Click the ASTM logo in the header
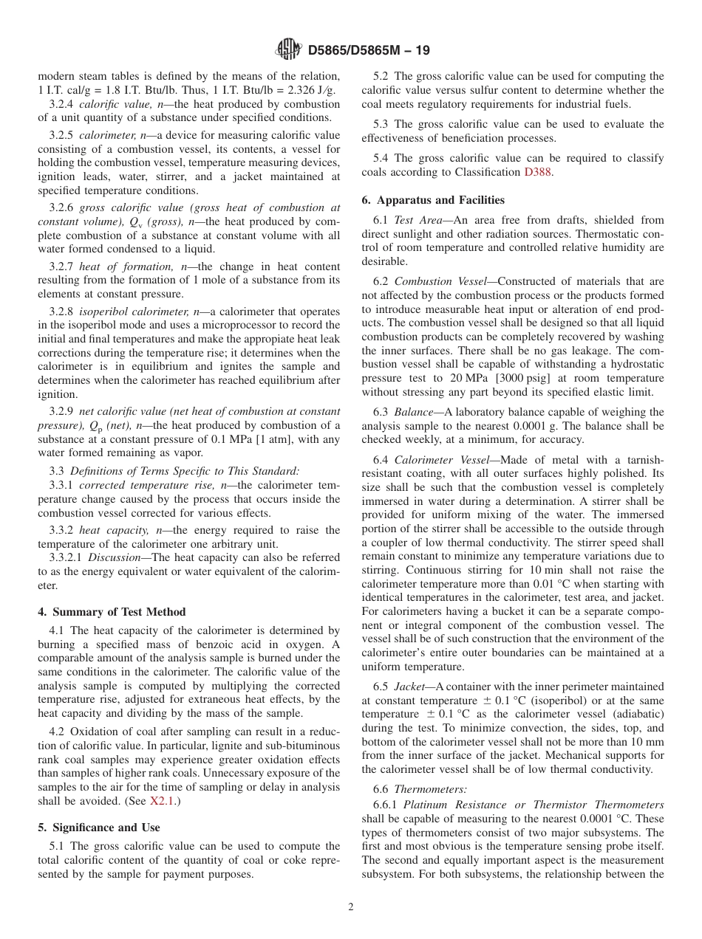click(288, 50)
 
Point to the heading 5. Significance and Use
click(98, 828)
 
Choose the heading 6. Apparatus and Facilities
click(433, 200)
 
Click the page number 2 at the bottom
click(351, 907)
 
